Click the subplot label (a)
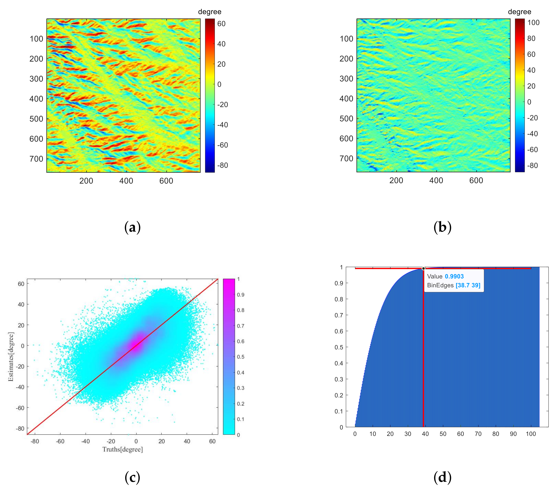tap(132, 227)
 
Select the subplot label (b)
tap(442, 227)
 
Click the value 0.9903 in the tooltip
tap(454, 276)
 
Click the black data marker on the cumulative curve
tap(423, 269)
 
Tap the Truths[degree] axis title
tap(122, 449)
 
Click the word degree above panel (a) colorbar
tap(210, 12)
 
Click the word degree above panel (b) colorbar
tap(519, 12)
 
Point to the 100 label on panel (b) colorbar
tap(533, 23)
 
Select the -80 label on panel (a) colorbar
tap(222, 165)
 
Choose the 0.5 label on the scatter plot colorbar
tap(241, 357)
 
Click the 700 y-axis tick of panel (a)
tap(36, 159)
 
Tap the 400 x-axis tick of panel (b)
tap(436, 181)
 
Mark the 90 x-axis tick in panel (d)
tap(513, 434)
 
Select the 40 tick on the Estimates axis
tap(21, 304)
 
